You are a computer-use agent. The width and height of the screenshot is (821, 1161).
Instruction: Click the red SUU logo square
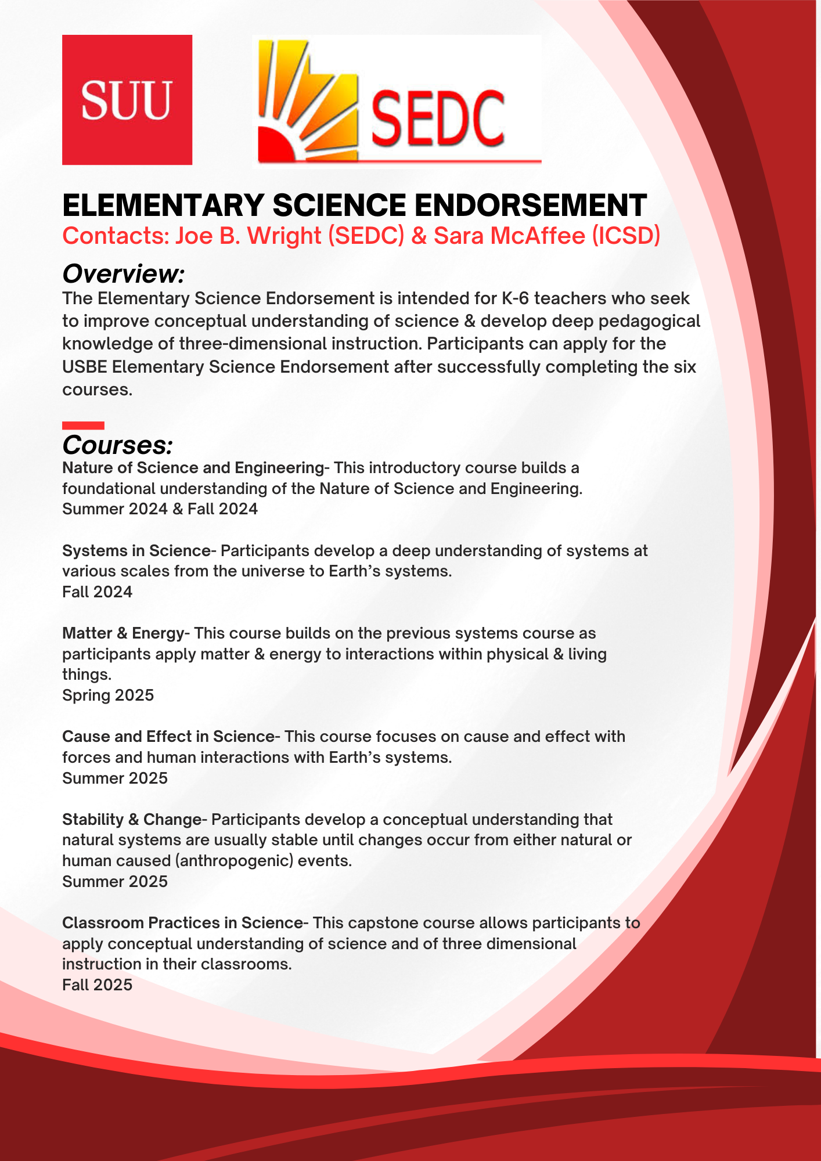coord(127,100)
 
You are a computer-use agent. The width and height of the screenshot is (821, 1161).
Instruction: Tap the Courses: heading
coord(117,445)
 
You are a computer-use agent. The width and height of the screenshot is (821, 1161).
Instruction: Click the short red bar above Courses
coord(83,426)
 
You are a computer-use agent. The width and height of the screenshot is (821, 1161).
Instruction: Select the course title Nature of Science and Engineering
coord(193,468)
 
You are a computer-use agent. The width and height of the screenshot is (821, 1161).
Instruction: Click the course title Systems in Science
coord(136,550)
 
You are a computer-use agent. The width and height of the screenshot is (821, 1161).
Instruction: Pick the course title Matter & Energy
coord(123,633)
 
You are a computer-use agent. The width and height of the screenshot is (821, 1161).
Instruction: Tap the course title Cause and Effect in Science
coord(168,737)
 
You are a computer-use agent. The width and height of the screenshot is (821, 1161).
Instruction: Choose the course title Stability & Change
coord(131,820)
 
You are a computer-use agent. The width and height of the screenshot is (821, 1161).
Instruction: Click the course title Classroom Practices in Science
coord(182,923)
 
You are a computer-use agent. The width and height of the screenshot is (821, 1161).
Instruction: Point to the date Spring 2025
coord(108,695)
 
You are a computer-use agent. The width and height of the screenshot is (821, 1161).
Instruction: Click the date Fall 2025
coord(97,985)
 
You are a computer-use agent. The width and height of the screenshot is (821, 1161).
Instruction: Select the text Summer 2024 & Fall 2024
coord(160,509)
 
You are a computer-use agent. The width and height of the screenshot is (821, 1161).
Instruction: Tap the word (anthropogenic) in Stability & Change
coord(235,861)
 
